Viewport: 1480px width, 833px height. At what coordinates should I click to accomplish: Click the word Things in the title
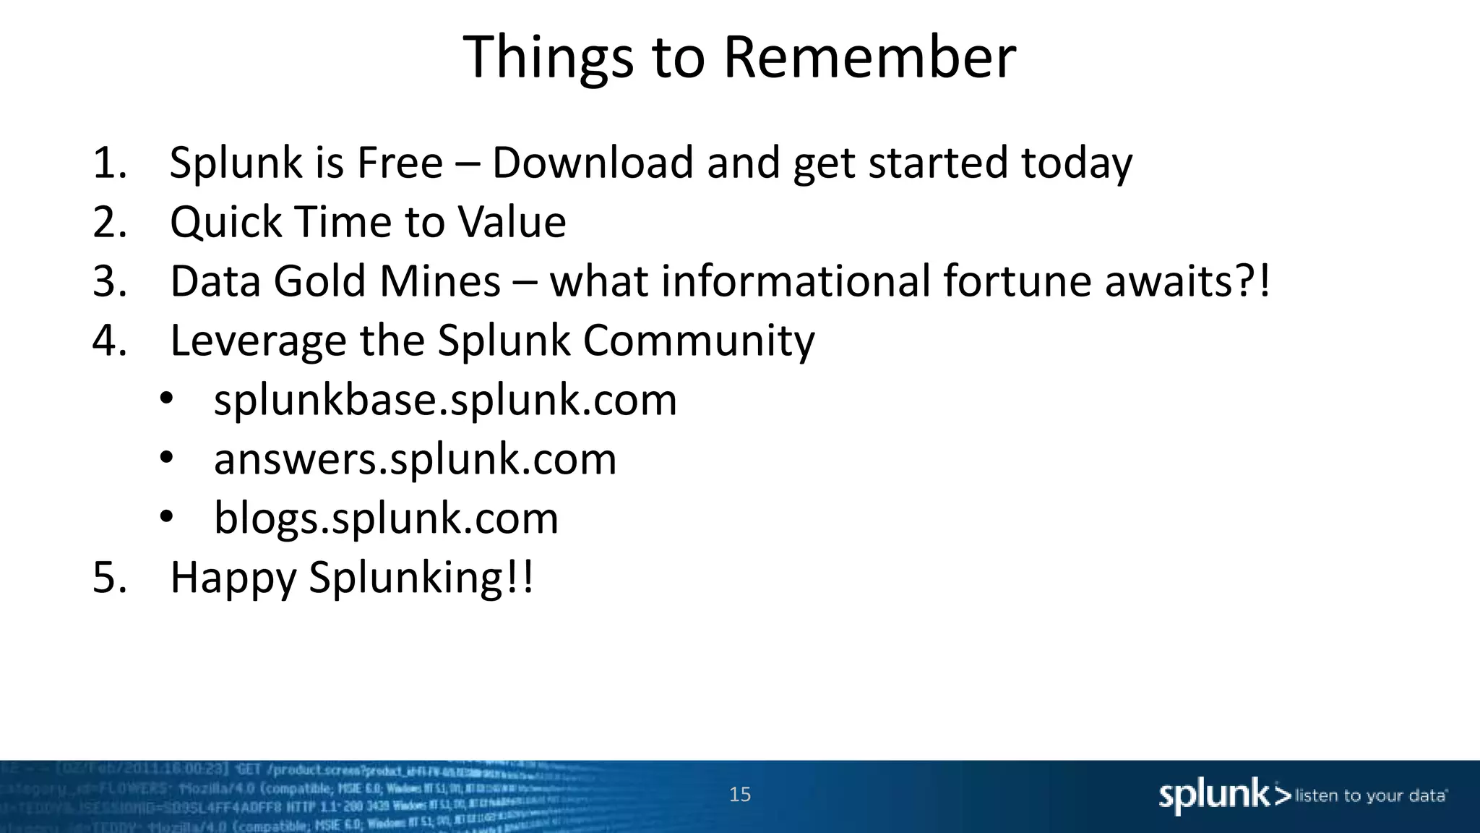click(x=548, y=58)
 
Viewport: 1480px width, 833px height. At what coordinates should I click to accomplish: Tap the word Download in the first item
click(x=592, y=163)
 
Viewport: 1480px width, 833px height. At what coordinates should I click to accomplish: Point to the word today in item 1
click(x=1076, y=164)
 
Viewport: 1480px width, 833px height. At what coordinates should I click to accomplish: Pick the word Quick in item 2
click(x=225, y=222)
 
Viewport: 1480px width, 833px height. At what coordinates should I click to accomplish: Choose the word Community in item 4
click(x=699, y=341)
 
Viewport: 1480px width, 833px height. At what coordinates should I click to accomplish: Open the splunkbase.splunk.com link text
click(x=445, y=400)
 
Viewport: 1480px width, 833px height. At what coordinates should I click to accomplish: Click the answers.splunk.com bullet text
click(x=415, y=459)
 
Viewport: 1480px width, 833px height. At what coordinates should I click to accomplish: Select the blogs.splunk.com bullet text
click(x=386, y=518)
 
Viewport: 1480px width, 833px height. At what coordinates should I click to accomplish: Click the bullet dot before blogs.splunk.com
click(x=167, y=517)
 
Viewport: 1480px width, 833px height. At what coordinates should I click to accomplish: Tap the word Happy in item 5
click(x=233, y=578)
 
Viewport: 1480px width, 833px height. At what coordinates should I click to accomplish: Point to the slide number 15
click(x=740, y=795)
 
